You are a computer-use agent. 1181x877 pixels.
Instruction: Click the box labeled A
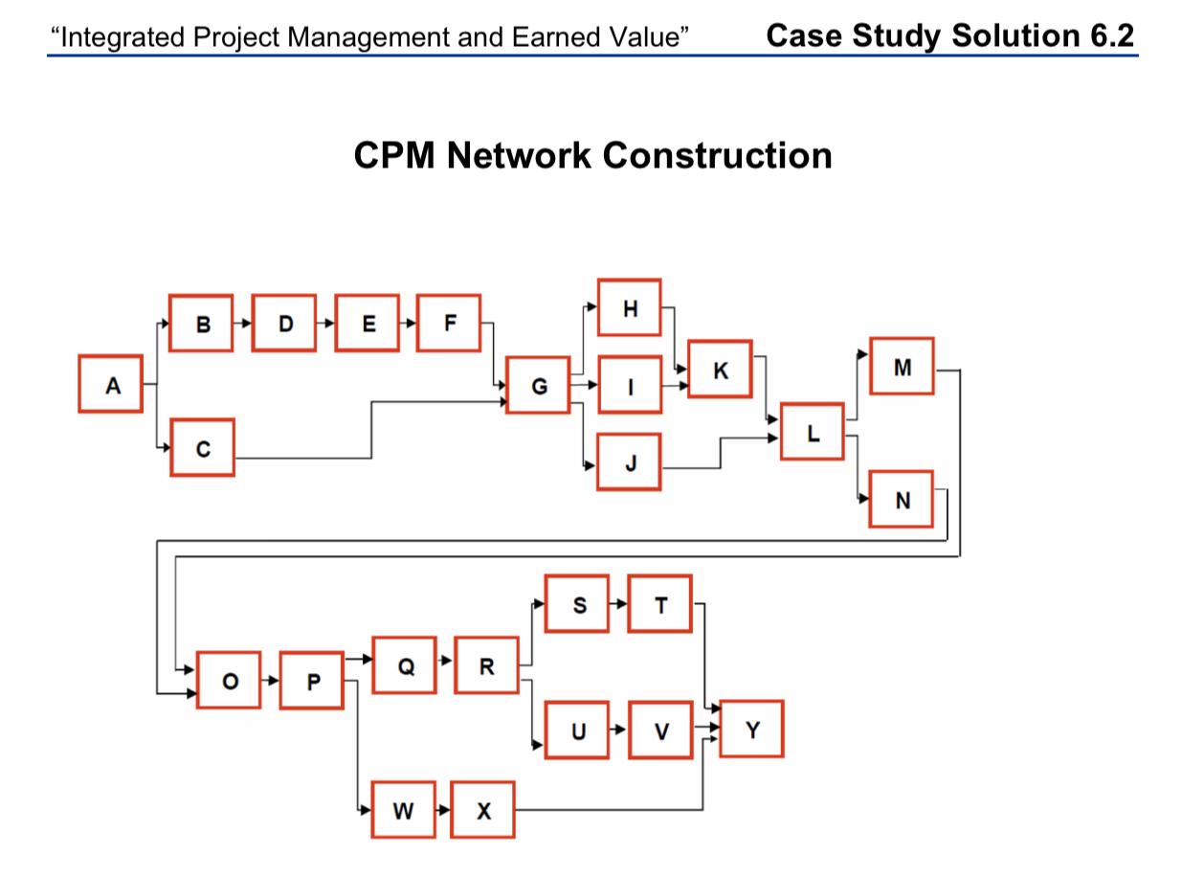click(x=110, y=385)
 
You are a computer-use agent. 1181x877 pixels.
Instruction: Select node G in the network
click(x=538, y=386)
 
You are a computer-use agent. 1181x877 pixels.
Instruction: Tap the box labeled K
click(x=720, y=370)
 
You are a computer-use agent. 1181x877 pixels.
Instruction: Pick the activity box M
click(x=902, y=367)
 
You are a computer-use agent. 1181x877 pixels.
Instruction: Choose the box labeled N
click(x=902, y=500)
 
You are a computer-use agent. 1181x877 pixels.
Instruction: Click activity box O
click(x=228, y=681)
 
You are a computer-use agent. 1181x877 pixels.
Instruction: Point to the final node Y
click(x=751, y=730)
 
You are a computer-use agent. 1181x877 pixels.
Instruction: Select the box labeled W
click(x=403, y=811)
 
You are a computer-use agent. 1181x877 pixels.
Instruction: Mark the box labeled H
click(x=629, y=308)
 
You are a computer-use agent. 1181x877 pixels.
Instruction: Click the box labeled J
click(x=629, y=462)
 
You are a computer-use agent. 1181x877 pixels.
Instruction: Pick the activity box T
click(x=659, y=604)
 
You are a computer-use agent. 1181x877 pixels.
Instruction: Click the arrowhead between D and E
click(x=329, y=324)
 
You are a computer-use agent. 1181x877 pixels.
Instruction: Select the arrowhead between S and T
click(x=622, y=604)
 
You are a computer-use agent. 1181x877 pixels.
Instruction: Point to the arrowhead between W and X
click(x=444, y=811)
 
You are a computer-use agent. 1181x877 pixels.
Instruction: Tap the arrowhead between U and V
click(x=622, y=731)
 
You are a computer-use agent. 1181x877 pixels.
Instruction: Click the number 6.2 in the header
click(x=1103, y=36)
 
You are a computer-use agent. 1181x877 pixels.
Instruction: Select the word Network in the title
click(x=517, y=155)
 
